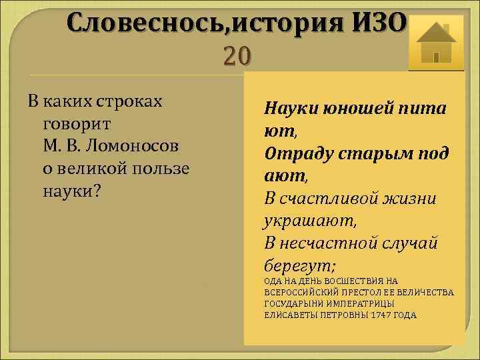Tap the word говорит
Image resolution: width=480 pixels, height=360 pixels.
click(x=76, y=124)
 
